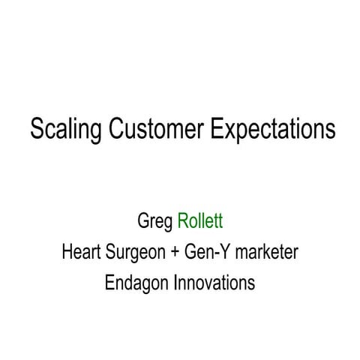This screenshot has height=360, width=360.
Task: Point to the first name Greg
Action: tap(155, 223)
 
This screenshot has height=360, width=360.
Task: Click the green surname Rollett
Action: tap(201, 221)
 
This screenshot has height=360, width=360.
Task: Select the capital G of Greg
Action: tap(143, 221)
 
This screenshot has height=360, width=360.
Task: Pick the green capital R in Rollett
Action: tap(183, 221)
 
